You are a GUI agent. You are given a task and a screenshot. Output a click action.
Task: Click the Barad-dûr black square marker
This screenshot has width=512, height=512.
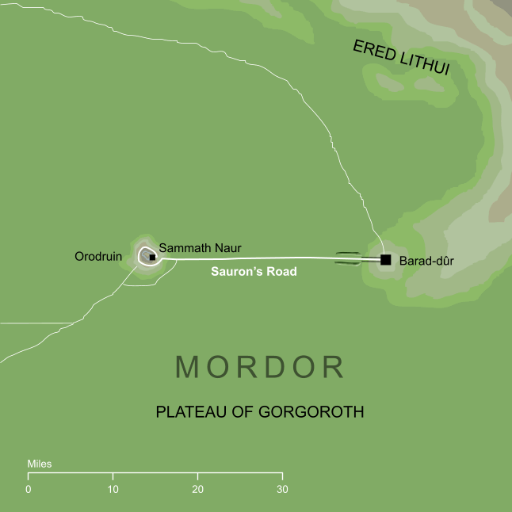click(386, 259)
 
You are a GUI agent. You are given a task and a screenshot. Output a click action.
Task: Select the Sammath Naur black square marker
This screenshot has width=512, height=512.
click(151, 257)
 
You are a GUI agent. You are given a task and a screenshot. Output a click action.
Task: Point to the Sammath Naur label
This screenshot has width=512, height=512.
click(200, 248)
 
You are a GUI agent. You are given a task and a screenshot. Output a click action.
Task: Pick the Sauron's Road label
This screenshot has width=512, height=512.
click(254, 272)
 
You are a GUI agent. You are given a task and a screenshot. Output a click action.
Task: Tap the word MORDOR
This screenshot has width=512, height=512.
click(260, 367)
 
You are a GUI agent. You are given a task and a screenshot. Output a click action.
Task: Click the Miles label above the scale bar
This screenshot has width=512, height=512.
click(39, 464)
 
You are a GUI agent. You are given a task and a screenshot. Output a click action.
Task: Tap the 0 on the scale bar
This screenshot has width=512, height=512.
click(29, 489)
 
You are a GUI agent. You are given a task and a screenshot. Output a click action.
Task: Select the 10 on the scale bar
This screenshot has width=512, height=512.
click(113, 489)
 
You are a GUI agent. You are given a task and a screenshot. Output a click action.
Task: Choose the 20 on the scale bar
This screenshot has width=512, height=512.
click(197, 489)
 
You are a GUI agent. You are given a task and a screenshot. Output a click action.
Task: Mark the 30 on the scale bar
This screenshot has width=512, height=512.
click(282, 489)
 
